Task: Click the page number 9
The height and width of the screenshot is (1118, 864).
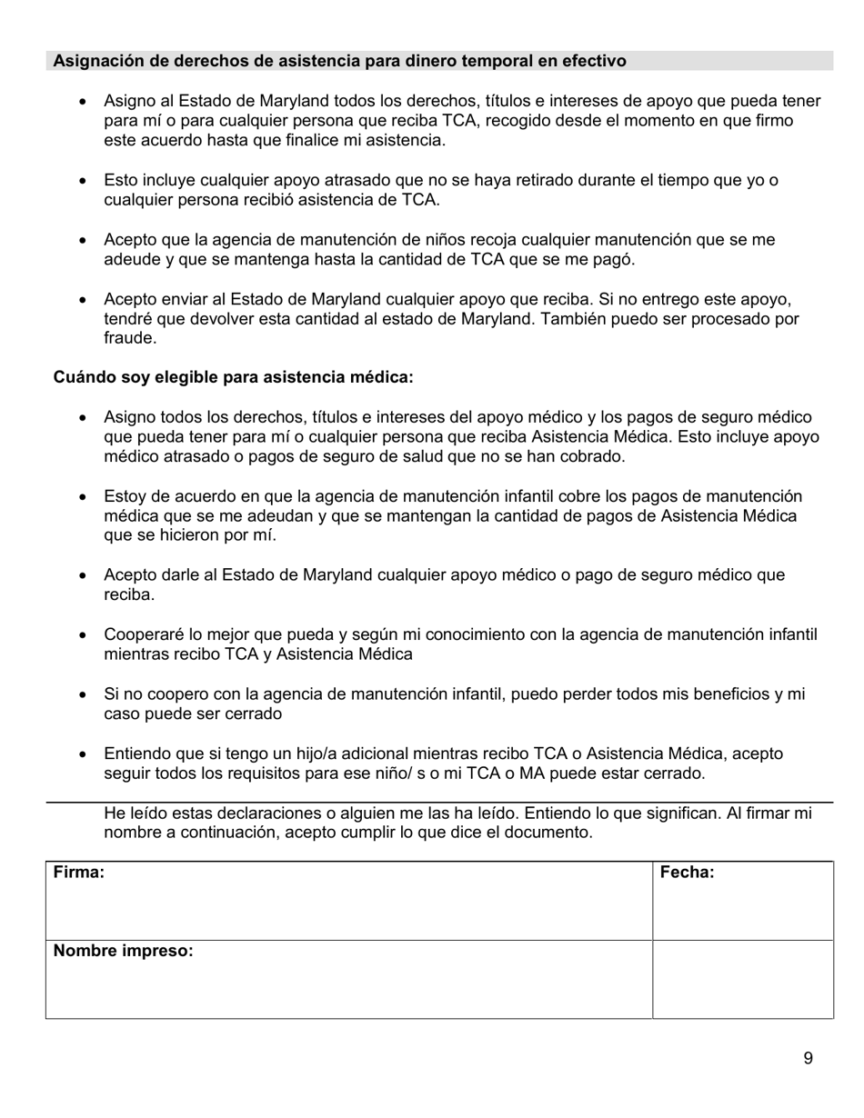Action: [809, 1058]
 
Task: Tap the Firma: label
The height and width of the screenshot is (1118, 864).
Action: [79, 873]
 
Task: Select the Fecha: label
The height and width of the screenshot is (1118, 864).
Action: [687, 873]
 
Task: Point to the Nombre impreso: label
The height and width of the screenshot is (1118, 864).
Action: [124, 952]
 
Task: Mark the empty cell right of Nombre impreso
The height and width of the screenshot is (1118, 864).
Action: [742, 980]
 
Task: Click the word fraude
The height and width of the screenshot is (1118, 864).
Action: [129, 338]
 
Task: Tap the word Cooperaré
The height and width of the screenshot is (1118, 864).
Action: [145, 634]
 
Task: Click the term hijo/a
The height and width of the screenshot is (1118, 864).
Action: [286, 754]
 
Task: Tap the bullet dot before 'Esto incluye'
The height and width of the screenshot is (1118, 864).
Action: [84, 181]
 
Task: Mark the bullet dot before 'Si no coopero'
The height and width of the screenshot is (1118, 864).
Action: [84, 695]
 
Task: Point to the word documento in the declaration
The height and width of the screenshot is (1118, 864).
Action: [548, 833]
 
